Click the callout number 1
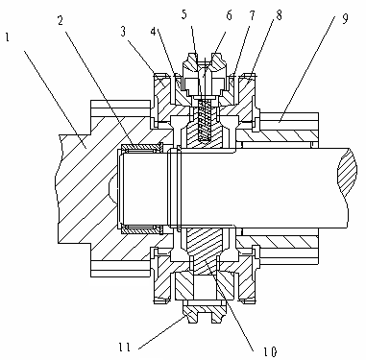pyautogui.click(x=8, y=37)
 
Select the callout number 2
pyautogui.click(x=61, y=21)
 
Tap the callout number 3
pyautogui.click(x=124, y=32)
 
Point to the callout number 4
pyautogui.click(x=154, y=32)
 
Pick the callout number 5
pyautogui.click(x=184, y=14)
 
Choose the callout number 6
pyautogui.click(x=230, y=14)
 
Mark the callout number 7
pyautogui.click(x=253, y=14)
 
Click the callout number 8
pyautogui.click(x=279, y=14)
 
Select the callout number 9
pyautogui.click(x=345, y=18)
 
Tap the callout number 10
pyautogui.click(x=269, y=351)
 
